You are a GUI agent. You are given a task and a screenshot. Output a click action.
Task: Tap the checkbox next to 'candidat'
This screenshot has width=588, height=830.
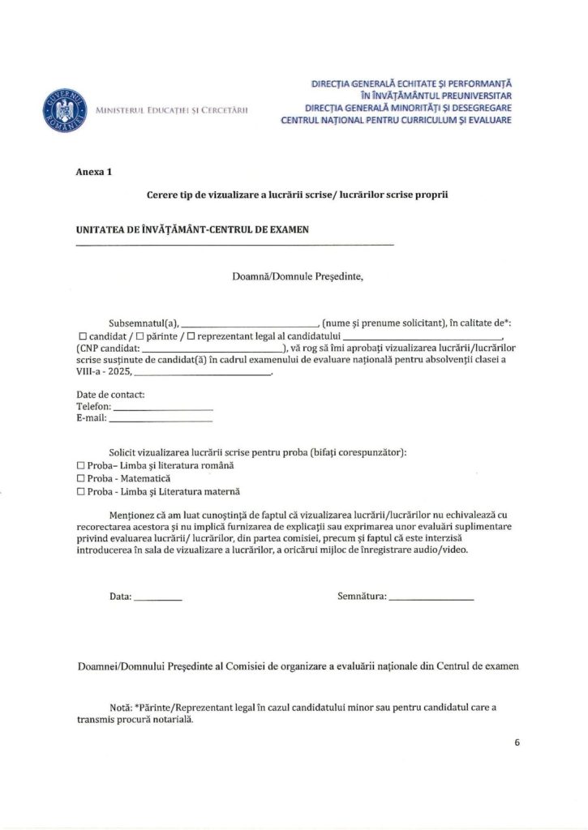tap(81, 336)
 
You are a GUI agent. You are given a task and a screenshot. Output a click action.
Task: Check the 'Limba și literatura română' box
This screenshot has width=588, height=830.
tap(80, 465)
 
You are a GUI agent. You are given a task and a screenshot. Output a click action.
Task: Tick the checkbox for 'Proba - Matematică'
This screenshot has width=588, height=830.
tap(80, 478)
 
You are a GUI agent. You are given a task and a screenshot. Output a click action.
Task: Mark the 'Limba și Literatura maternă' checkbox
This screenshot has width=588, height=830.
tap(80, 491)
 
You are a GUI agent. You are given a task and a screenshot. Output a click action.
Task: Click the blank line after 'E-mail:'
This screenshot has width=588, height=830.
tap(161, 421)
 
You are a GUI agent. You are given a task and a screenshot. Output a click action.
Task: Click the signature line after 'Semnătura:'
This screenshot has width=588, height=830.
tap(431, 599)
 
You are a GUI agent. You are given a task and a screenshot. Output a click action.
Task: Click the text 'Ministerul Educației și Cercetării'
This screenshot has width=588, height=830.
tap(172, 110)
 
